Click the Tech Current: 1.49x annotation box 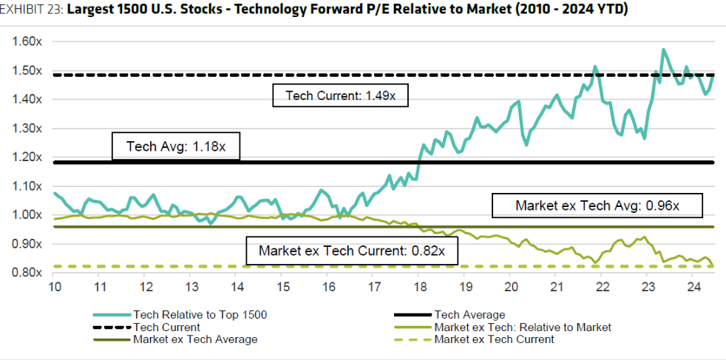point(341,95)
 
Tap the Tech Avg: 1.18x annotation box point(178,147)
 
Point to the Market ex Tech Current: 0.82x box point(351,251)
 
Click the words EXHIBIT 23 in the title point(29,10)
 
